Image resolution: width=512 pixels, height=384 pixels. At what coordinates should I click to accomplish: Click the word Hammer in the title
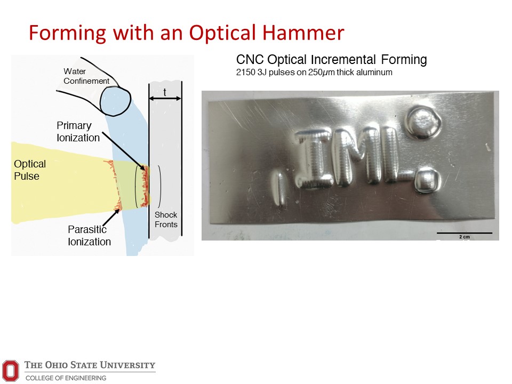point(303,33)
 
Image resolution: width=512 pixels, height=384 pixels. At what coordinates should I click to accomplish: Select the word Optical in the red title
point(222,33)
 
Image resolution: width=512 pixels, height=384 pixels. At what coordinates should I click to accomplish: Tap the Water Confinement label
point(86,76)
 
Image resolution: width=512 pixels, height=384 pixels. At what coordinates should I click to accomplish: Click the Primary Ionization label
point(78,132)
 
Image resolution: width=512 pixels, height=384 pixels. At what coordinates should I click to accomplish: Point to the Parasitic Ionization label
point(89,235)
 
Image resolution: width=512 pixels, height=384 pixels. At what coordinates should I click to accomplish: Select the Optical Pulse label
point(30,170)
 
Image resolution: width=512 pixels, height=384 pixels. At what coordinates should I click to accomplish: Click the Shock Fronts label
point(166,219)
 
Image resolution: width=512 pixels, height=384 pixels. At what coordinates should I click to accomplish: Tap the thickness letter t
point(165,92)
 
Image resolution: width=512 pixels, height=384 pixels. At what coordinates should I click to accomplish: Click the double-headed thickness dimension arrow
point(165,98)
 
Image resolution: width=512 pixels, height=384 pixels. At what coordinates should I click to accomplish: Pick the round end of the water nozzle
point(115,101)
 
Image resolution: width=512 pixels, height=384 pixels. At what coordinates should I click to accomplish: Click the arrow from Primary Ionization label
point(123,151)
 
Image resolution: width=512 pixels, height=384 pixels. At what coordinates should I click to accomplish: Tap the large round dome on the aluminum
point(423,123)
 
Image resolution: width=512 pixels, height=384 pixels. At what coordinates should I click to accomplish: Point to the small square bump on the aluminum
point(427,180)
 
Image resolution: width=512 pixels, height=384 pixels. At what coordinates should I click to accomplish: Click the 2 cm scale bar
point(465,233)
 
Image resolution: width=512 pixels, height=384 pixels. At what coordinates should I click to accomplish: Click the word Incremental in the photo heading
point(343,60)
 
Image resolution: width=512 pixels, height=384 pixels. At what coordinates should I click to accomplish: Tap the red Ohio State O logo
point(11,370)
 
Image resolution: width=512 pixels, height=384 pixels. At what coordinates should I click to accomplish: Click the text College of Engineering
point(66,378)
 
